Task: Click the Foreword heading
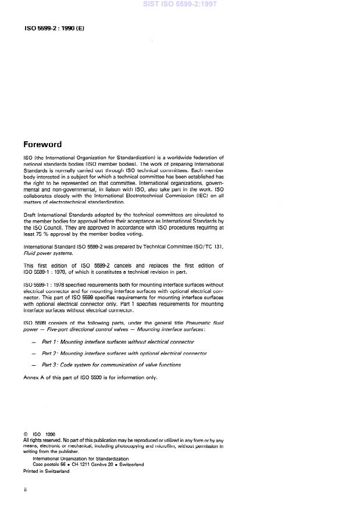tap(42, 144)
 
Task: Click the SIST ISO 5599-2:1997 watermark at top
tap(180, 4)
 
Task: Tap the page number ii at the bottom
tap(25, 490)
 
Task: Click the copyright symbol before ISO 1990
tap(25, 434)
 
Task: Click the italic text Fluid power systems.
tap(48, 253)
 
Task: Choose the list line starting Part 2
tap(124, 354)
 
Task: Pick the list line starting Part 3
tap(111, 365)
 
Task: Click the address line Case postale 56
tap(88, 464)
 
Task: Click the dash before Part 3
tap(33, 365)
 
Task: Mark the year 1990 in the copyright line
tap(49, 434)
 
